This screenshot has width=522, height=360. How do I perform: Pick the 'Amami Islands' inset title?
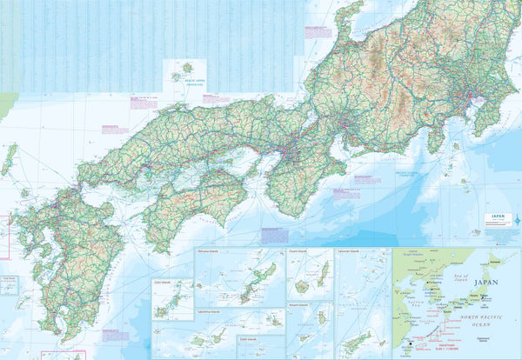(298, 305)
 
